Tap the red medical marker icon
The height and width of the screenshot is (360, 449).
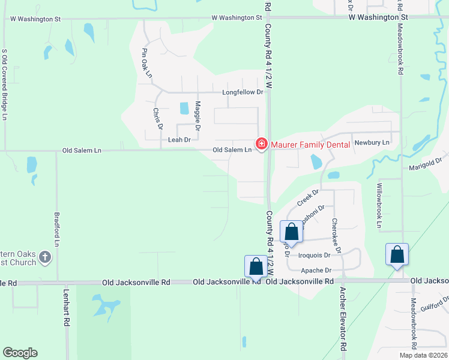261,144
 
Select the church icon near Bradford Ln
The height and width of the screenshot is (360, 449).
44,258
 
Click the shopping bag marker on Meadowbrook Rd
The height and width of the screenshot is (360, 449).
397,254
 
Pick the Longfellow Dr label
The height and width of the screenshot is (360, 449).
243,92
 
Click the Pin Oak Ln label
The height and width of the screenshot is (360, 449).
146,62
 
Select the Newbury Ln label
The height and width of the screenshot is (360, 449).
372,143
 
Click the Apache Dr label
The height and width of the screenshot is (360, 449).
316,271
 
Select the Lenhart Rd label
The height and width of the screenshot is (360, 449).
67,308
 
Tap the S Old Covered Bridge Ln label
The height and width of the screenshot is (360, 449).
4,84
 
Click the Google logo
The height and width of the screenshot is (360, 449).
20,353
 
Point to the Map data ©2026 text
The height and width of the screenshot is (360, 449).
423,355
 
